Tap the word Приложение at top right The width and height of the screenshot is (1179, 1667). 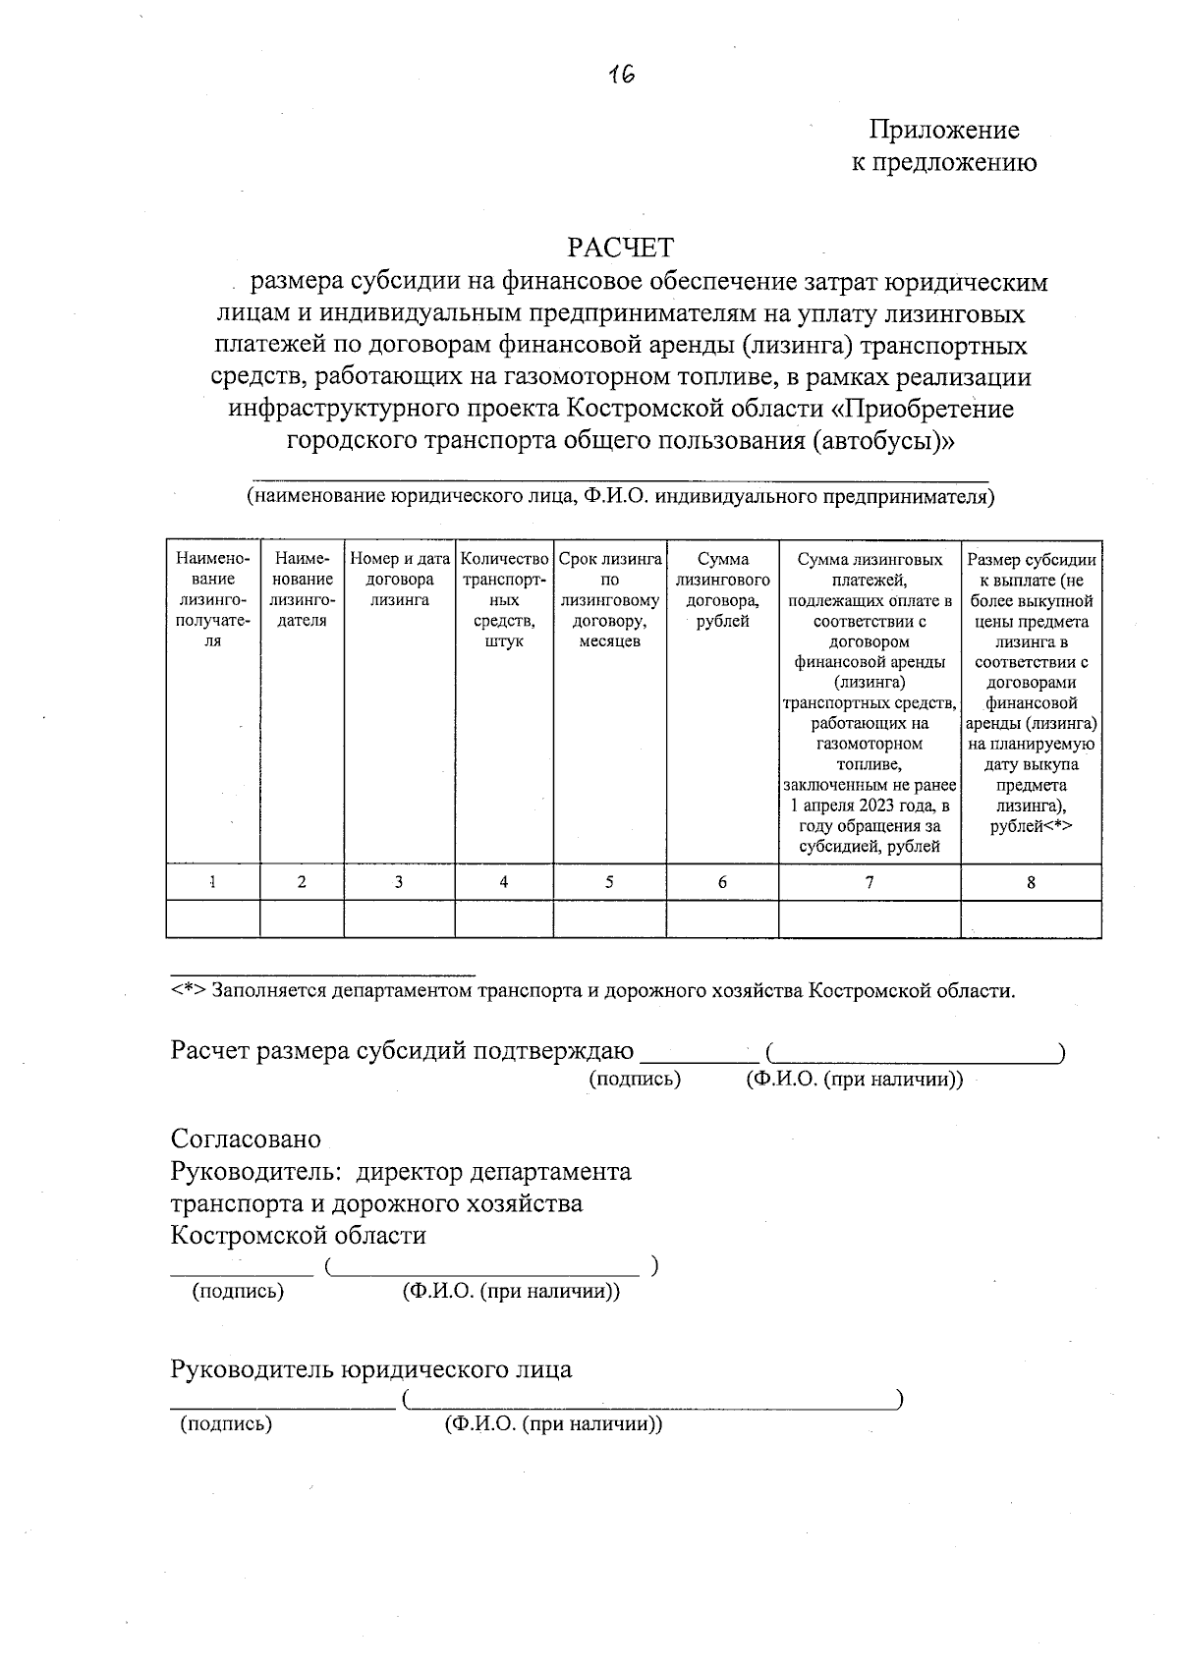[x=943, y=130]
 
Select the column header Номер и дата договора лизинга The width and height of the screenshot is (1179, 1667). [x=399, y=580]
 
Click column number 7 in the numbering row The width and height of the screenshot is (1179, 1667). [x=869, y=882]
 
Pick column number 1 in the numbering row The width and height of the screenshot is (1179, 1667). [x=212, y=882]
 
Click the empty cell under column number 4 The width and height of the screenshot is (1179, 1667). [x=503, y=919]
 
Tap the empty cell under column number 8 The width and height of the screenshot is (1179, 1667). [x=1031, y=919]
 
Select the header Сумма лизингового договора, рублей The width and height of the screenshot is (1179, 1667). [x=722, y=589]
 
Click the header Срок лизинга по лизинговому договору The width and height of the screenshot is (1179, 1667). [x=609, y=599]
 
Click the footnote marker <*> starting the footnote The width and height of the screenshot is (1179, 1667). [x=188, y=990]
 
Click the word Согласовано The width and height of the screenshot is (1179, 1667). [x=246, y=1139]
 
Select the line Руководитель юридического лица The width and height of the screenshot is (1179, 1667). [x=370, y=1368]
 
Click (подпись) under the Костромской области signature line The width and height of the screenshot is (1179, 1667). [x=238, y=1291]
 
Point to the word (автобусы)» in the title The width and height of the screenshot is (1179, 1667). [x=883, y=440]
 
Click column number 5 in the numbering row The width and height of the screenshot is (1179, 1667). [x=609, y=882]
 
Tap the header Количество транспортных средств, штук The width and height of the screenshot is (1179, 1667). [x=503, y=599]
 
